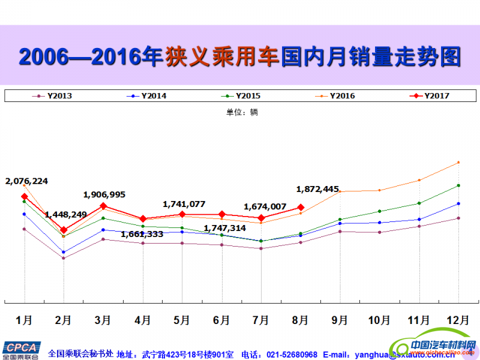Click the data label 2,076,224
tap(26, 181)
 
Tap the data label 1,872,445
tap(318, 189)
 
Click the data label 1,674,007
tap(265, 206)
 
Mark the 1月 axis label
tap(24, 320)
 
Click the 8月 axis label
tap(301, 320)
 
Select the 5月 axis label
tap(182, 320)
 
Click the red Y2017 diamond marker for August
tap(301, 208)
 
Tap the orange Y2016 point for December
tap(458, 162)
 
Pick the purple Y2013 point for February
tap(64, 258)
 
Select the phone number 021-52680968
tap(292, 355)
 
